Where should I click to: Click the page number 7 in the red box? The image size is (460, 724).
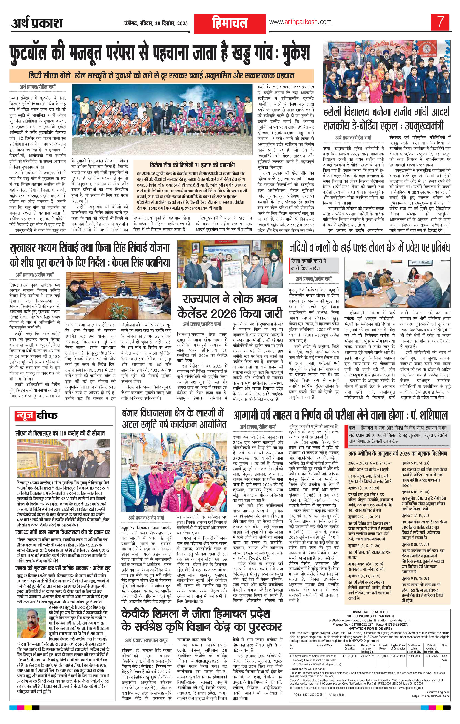[x=440, y=23]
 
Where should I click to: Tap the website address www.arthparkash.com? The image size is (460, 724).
[x=300, y=22]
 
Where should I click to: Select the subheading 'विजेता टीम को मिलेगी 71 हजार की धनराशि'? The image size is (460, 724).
[x=192, y=165]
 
